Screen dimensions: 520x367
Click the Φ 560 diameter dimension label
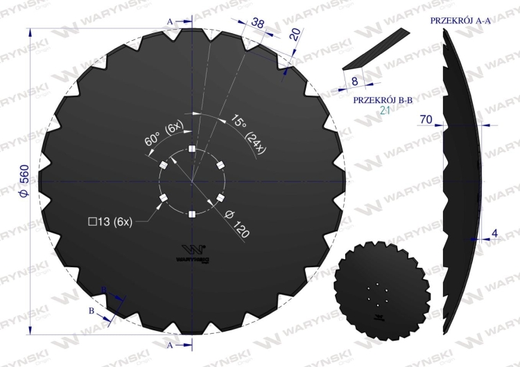point(24,180)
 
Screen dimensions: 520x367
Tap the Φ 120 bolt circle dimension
point(237,224)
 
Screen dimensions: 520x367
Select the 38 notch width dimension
point(258,23)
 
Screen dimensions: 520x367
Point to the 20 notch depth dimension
point(295,34)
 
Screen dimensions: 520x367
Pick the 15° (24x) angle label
point(249,134)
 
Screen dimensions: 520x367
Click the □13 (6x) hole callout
point(110,222)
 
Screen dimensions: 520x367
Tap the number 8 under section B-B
point(354,81)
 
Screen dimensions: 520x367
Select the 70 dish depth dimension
point(426,119)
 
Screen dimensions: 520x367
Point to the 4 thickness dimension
point(494,233)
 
